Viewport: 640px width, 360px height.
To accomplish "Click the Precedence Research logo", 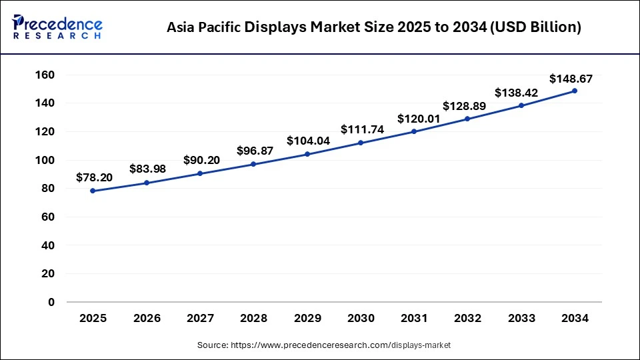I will (57, 27).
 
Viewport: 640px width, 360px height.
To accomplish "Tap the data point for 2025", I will (93, 191).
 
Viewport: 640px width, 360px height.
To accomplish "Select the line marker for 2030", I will (361, 143).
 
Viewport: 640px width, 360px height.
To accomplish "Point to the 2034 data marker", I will (575, 91).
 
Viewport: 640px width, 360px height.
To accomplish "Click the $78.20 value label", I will (94, 177).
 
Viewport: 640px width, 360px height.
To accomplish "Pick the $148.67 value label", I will (571, 79).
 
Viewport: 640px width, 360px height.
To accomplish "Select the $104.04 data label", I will (309, 141).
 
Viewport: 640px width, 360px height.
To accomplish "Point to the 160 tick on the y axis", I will (45, 75).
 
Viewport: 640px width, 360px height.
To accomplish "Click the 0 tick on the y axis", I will (51, 302).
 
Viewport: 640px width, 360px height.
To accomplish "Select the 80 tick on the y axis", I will (48, 189).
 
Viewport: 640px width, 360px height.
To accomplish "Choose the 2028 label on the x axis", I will (253, 319).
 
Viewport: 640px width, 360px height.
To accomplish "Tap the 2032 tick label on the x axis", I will (467, 319).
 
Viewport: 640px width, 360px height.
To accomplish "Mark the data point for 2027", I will (200, 173).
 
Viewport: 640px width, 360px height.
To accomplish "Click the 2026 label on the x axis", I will (147, 319).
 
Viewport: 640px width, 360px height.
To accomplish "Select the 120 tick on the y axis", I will (45, 131).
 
